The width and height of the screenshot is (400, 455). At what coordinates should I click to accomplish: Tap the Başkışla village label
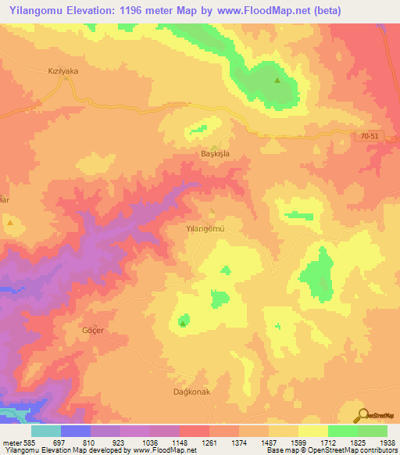click(x=215, y=154)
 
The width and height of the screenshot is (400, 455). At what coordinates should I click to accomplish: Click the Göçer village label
click(x=93, y=330)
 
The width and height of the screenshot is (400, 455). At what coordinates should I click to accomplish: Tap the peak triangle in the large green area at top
click(x=277, y=80)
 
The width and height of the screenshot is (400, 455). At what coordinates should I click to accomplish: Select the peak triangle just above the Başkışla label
click(x=216, y=144)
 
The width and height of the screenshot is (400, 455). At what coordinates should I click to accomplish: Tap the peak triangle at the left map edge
click(x=9, y=223)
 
